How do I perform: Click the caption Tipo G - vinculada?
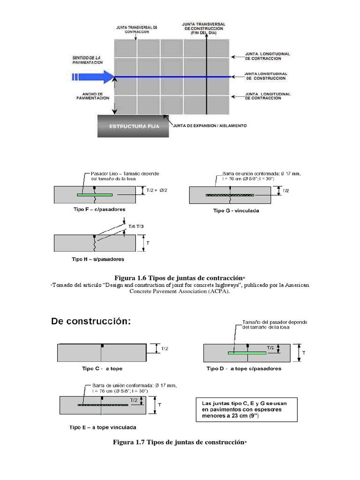click(x=236, y=210)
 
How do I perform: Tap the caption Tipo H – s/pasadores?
click(x=97, y=258)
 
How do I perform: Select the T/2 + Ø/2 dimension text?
click(x=153, y=190)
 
